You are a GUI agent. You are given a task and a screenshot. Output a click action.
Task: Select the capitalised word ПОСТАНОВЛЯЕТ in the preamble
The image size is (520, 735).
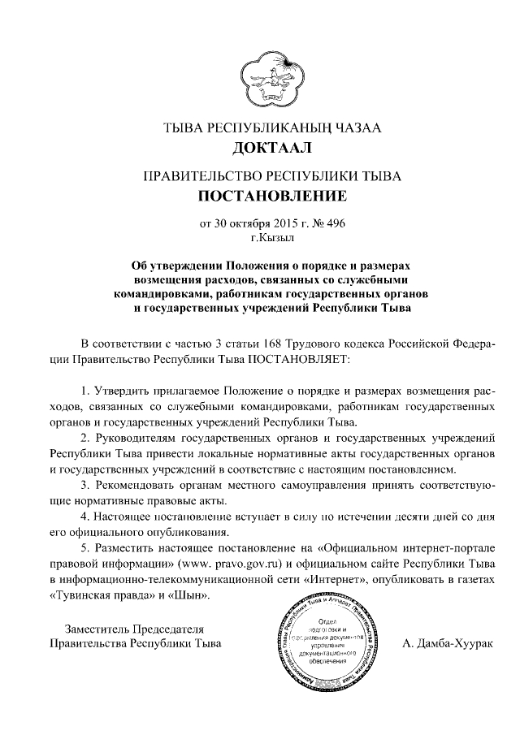[x=301, y=357]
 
